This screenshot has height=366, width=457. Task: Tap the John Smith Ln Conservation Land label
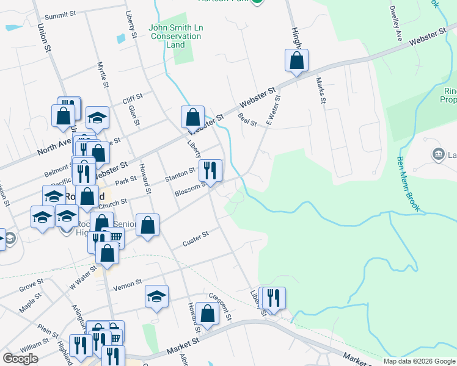175,36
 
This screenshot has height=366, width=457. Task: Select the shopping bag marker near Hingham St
296,60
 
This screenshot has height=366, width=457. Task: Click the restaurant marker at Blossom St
211,171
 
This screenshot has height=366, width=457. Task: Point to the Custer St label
196,239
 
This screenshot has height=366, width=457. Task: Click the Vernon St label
128,282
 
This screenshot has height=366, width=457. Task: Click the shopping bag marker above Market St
208,314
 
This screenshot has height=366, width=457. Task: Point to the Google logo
20,359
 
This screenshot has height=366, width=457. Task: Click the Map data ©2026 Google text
419,361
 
